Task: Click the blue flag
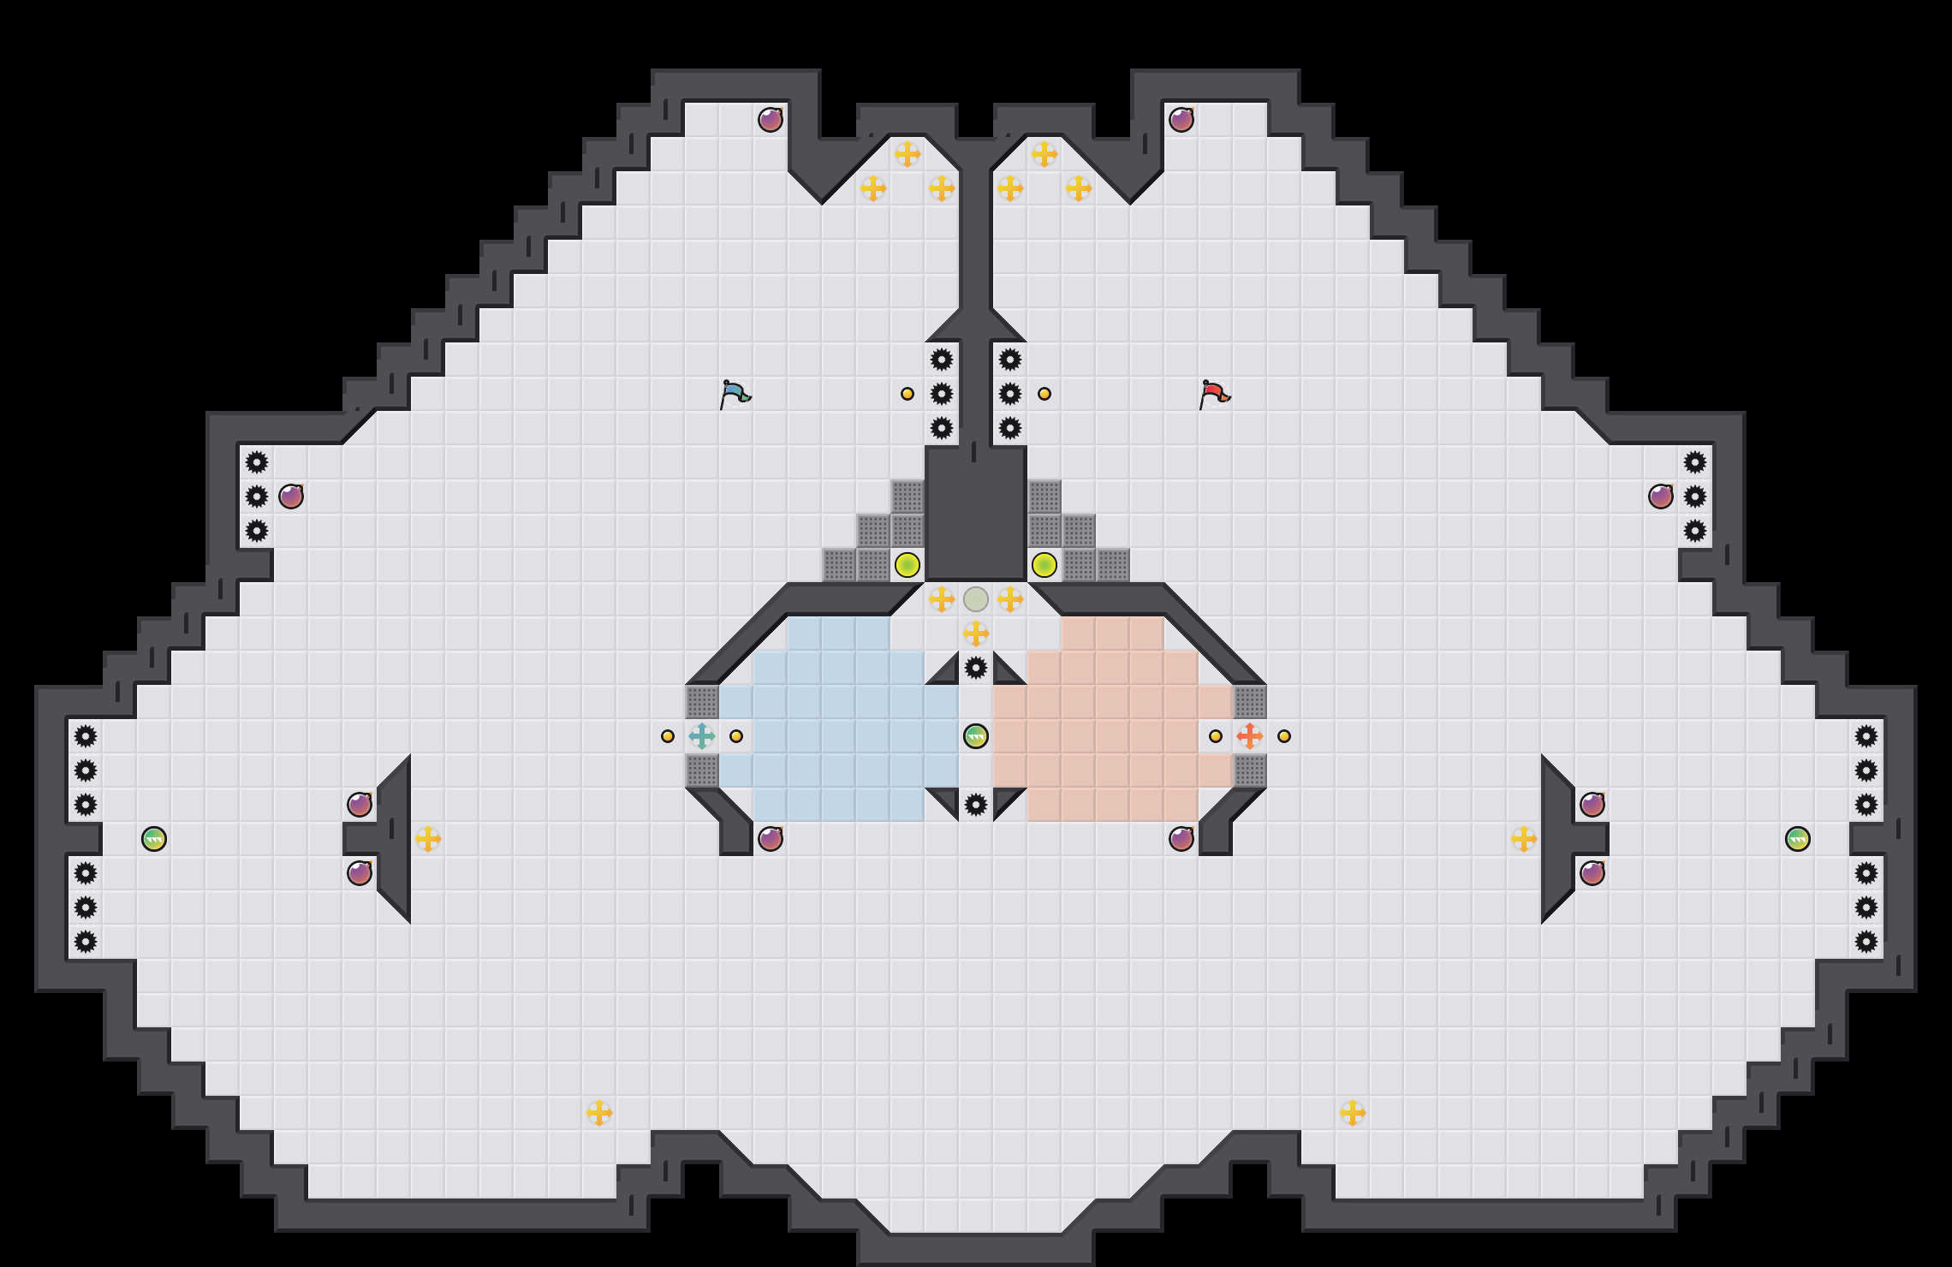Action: tap(735, 395)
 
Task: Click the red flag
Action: tap(1214, 395)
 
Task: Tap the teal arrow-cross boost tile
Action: tap(702, 736)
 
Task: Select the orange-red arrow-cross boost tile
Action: tap(1250, 736)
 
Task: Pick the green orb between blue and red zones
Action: tap(976, 736)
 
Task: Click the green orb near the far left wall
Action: tap(154, 839)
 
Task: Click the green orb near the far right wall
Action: tap(1798, 839)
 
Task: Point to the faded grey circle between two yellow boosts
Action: tap(976, 599)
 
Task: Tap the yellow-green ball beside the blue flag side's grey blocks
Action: tap(908, 565)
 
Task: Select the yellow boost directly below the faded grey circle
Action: tap(976, 633)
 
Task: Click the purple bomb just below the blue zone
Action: tap(771, 839)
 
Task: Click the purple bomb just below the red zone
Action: tap(1181, 839)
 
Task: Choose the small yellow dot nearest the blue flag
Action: tap(908, 394)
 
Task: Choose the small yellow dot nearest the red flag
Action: tap(1044, 394)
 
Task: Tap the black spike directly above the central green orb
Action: tap(976, 668)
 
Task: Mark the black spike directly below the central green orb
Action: tap(976, 805)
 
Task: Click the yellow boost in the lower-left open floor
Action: tap(599, 1113)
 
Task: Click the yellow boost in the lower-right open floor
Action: tap(1353, 1113)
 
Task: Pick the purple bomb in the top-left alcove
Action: tap(771, 120)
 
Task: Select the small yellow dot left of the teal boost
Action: tap(668, 736)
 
